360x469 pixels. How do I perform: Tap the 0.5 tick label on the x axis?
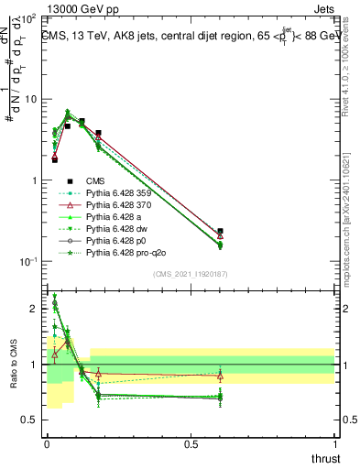[191, 445]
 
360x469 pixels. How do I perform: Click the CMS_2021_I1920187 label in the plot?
[191, 274]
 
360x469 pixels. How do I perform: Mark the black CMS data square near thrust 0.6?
[220, 232]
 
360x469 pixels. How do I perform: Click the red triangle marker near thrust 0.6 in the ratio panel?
[220, 376]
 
